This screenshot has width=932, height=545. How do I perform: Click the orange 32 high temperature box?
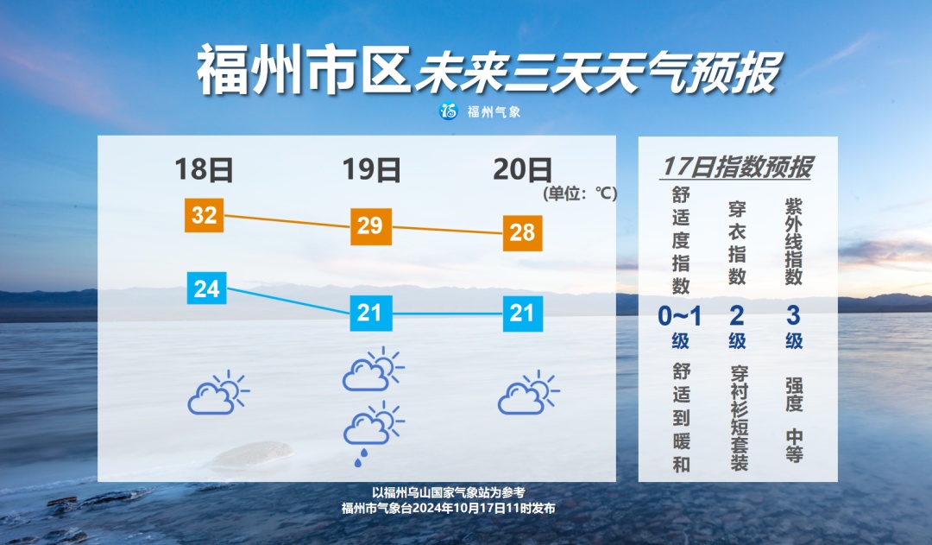click(204, 215)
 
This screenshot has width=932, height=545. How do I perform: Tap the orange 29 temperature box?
click(369, 226)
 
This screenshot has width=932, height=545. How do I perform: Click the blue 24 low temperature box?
click(207, 288)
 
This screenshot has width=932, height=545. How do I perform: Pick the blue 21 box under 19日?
click(369, 312)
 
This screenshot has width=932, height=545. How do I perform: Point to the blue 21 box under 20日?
click(522, 312)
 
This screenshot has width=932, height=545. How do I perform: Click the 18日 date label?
click(205, 169)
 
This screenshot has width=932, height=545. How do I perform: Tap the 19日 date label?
click(372, 169)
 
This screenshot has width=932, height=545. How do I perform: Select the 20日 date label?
click(522, 169)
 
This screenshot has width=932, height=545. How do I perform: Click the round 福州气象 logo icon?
click(448, 111)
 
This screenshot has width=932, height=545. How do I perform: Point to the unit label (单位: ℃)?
click(580, 193)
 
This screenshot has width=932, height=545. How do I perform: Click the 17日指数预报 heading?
click(737, 168)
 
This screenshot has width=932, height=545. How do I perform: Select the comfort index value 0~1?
click(680, 316)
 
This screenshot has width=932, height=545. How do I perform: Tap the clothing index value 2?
click(737, 316)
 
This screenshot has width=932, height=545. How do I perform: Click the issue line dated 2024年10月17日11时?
click(448, 508)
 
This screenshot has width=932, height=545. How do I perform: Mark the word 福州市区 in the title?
click(302, 71)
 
